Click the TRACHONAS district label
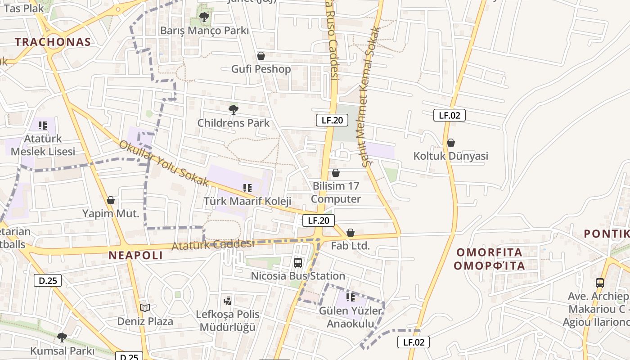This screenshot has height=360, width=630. [x=53, y=42]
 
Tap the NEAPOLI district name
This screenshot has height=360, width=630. [x=135, y=256]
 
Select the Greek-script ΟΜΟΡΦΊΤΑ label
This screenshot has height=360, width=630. [x=489, y=265]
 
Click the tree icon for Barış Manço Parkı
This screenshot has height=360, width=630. [x=204, y=18]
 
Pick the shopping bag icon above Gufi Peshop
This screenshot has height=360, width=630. [x=261, y=56]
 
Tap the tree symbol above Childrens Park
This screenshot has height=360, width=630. [x=233, y=109]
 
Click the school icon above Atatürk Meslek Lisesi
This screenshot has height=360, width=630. [x=43, y=125]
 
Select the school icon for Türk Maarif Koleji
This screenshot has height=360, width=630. [x=247, y=188]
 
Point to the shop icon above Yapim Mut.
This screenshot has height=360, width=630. [x=111, y=200]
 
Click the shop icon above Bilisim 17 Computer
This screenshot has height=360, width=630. [x=335, y=173]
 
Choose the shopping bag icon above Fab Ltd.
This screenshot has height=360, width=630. [x=351, y=233]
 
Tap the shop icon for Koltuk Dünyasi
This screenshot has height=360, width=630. [x=450, y=143]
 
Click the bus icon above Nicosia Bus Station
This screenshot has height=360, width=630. [x=297, y=263]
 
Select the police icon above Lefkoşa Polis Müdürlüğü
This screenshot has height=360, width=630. [x=228, y=301]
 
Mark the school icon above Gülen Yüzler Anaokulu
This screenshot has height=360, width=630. [x=350, y=297]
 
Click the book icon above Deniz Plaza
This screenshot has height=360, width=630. [x=145, y=308]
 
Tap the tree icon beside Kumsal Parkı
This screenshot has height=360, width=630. [x=62, y=337]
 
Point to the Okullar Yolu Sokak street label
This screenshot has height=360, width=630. [x=164, y=163]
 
